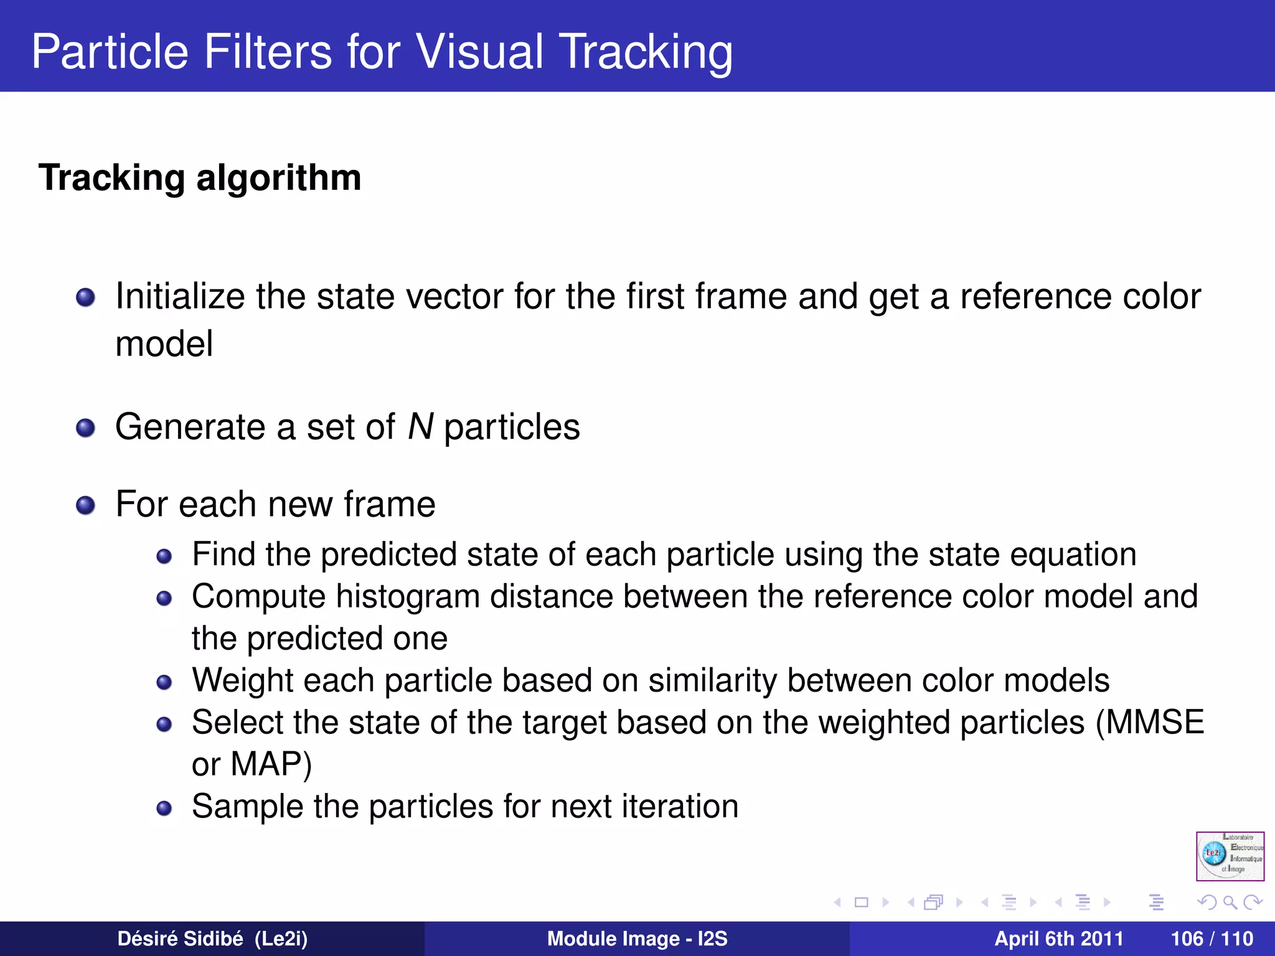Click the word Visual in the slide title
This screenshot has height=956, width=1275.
pos(479,51)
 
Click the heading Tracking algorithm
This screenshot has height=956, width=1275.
pos(200,178)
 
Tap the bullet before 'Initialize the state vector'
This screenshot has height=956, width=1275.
pos(85,298)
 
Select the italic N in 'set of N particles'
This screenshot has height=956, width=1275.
pos(420,427)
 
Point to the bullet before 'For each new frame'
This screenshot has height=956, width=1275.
pos(85,505)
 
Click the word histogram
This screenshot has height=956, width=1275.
pos(408,597)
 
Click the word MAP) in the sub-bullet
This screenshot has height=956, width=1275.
pos(271,764)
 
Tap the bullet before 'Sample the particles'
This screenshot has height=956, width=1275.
pos(164,808)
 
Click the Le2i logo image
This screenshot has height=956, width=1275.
pos(1230,856)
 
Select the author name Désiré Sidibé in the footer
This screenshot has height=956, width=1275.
pos(180,939)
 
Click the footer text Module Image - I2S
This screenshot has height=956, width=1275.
pos(637,939)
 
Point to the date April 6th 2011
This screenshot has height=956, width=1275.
pos(1058,939)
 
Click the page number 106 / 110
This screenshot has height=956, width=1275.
pos(1211,939)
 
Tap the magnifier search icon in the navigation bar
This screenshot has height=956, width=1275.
pos(1230,902)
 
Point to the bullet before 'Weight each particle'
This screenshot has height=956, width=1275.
pos(164,683)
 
